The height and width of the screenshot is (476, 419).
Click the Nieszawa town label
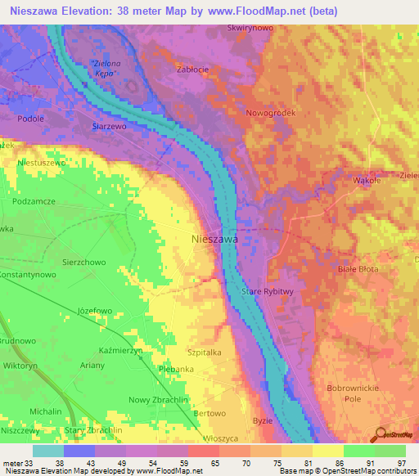point(214,240)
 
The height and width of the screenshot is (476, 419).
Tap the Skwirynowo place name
point(250,28)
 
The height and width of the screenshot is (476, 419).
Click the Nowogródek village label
point(269,113)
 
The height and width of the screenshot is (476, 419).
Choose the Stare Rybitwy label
point(267,291)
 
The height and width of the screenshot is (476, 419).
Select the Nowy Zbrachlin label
point(156,399)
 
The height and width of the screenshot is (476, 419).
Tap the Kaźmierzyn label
point(121,349)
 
